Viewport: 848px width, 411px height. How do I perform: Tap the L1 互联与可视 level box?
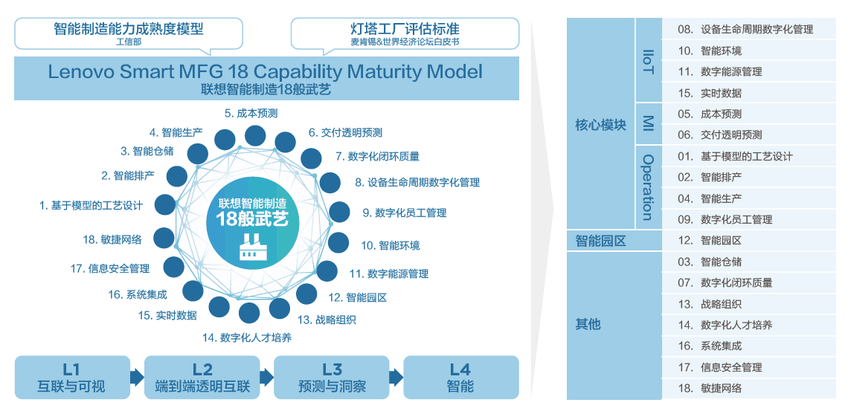71,378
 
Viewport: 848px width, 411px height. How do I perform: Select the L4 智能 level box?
460,378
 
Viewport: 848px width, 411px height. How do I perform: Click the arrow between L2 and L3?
266,378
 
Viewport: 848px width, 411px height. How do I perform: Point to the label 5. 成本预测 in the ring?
251,114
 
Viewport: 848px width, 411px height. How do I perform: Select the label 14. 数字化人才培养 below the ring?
247,337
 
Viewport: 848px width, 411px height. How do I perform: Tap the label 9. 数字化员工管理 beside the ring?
405,213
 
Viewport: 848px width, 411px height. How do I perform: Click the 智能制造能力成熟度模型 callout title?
129,29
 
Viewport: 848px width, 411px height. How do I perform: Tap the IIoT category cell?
647,61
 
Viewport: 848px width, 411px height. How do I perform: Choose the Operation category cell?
647,187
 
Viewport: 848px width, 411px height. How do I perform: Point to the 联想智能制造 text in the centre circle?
252,203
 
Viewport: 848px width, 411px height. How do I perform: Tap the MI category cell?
647,124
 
